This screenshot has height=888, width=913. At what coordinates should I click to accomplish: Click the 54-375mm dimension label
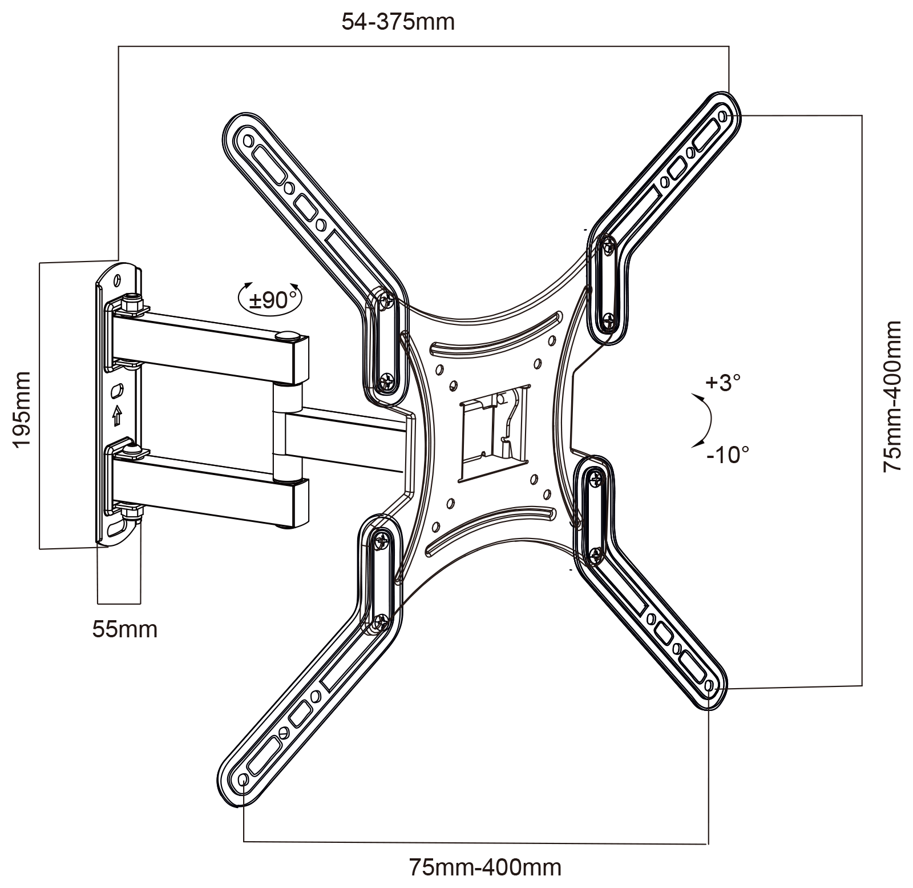pos(398,22)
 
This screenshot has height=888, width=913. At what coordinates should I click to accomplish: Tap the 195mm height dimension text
pos(21,409)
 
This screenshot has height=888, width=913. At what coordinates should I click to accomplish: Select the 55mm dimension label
pos(124,629)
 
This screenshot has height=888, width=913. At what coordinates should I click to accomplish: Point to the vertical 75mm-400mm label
pos(892,396)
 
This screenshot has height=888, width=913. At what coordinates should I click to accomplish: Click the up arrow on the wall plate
pos(118,415)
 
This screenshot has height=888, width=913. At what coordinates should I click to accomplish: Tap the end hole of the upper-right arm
pos(723,117)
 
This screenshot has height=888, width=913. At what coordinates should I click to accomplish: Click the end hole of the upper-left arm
pos(247,140)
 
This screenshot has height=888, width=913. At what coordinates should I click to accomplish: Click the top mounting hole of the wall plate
pos(118,280)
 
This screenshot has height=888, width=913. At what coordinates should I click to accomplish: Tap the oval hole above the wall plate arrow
pos(117,392)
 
